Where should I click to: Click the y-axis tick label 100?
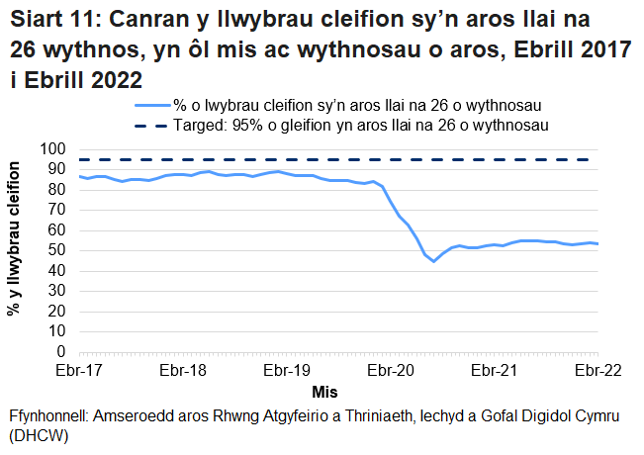click(51, 149)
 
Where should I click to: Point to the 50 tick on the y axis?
click(55, 250)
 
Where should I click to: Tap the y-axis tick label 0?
click(59, 351)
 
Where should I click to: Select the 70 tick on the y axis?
click(55, 210)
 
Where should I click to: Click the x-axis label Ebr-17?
click(78, 371)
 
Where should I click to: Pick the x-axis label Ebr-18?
click(182, 371)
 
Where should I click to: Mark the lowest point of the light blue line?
click(433, 261)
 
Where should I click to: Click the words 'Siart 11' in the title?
click(50, 20)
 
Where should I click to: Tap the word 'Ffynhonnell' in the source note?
click(47, 416)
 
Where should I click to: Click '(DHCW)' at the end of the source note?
click(37, 435)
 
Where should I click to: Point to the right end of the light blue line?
click(598, 243)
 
